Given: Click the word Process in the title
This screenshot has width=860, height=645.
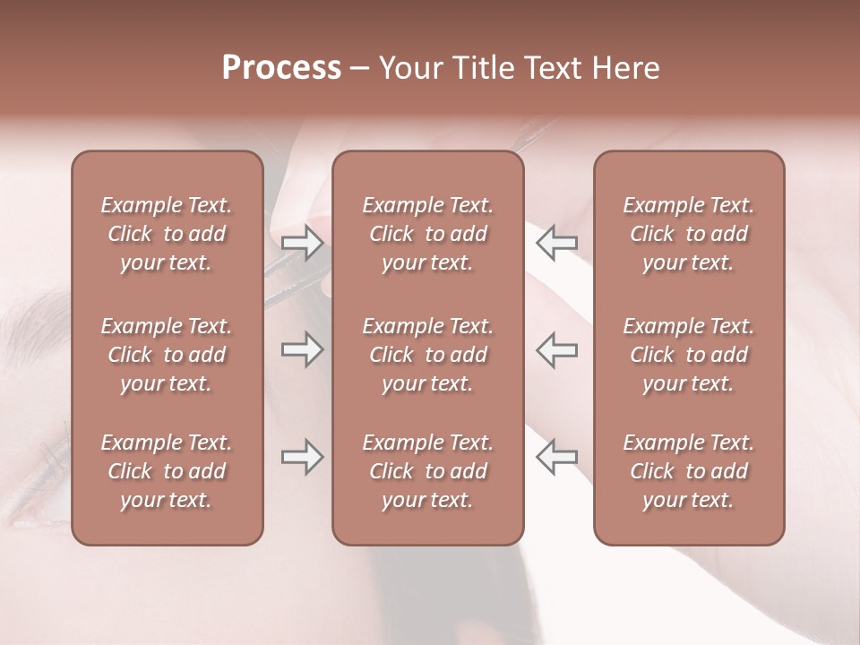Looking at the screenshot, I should point(281,68).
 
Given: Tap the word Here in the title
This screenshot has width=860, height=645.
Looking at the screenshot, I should point(627,68).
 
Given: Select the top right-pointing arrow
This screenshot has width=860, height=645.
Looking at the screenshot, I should point(303,243).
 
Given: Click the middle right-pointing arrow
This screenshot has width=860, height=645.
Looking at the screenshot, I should point(303,349).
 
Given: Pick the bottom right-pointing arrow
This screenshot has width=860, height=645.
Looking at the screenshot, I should point(303,457).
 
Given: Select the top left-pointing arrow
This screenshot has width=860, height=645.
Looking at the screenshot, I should point(556,243).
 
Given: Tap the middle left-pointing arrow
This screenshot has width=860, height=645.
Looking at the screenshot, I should point(556,349).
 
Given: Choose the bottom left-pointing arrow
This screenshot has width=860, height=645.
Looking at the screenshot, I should point(556,457).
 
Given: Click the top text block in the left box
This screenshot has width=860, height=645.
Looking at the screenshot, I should point(167,234).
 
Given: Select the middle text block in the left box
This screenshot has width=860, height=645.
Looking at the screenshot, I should point(167,355).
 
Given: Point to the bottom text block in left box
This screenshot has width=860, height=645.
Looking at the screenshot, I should point(167,471).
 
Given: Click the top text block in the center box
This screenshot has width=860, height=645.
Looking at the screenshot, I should point(427,234).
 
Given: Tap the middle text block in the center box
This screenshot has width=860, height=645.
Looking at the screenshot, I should point(427,355).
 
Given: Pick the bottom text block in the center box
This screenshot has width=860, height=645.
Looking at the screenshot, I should point(427,471).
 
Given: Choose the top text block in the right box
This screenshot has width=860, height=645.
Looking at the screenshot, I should point(688,234).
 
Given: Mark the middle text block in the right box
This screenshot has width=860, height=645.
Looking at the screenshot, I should point(688,355).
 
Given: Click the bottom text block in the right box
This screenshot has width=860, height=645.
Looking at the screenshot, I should point(688,471).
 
